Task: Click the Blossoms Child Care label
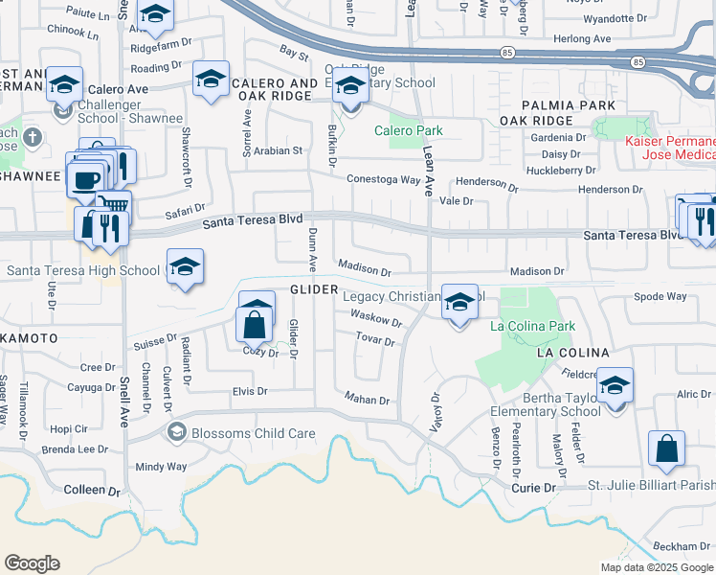click(x=253, y=433)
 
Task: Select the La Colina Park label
click(x=532, y=326)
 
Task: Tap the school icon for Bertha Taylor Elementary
click(x=615, y=385)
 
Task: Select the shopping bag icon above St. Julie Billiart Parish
click(x=666, y=448)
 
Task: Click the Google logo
click(x=32, y=563)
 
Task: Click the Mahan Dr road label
click(x=367, y=401)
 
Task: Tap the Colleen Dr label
click(x=92, y=490)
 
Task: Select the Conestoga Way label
click(x=383, y=179)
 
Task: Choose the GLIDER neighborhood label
click(x=315, y=289)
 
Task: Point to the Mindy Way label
click(x=161, y=467)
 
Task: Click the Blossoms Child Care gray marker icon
click(x=176, y=433)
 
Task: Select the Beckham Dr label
click(x=682, y=545)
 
